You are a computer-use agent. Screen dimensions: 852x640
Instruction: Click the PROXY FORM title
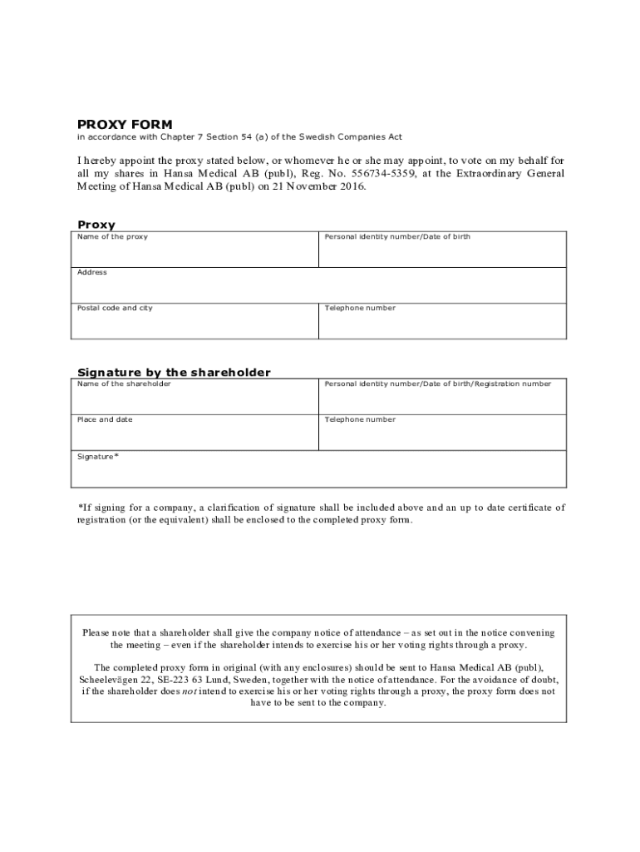[125, 125]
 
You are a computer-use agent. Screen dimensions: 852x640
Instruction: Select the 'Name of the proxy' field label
[112, 237]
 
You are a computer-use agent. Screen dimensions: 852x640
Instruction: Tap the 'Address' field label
[92, 272]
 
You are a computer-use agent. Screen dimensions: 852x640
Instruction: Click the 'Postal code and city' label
[115, 308]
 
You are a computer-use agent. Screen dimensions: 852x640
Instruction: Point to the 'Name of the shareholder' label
[124, 384]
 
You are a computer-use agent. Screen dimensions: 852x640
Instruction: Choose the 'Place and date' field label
[105, 419]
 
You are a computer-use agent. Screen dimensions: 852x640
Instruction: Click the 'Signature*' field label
[98, 456]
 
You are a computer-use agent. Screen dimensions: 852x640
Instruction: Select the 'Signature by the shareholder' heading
[174, 372]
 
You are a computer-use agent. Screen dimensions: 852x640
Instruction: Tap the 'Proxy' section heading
[96, 225]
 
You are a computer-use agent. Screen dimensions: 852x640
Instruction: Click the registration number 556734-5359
[385, 173]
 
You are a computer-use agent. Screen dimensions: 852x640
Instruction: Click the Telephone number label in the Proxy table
[360, 308]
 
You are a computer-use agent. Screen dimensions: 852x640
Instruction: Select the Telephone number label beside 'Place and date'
[360, 419]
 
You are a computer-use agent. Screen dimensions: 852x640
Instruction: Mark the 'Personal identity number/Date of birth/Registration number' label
[437, 384]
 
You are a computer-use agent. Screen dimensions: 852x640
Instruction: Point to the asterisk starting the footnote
[80, 507]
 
